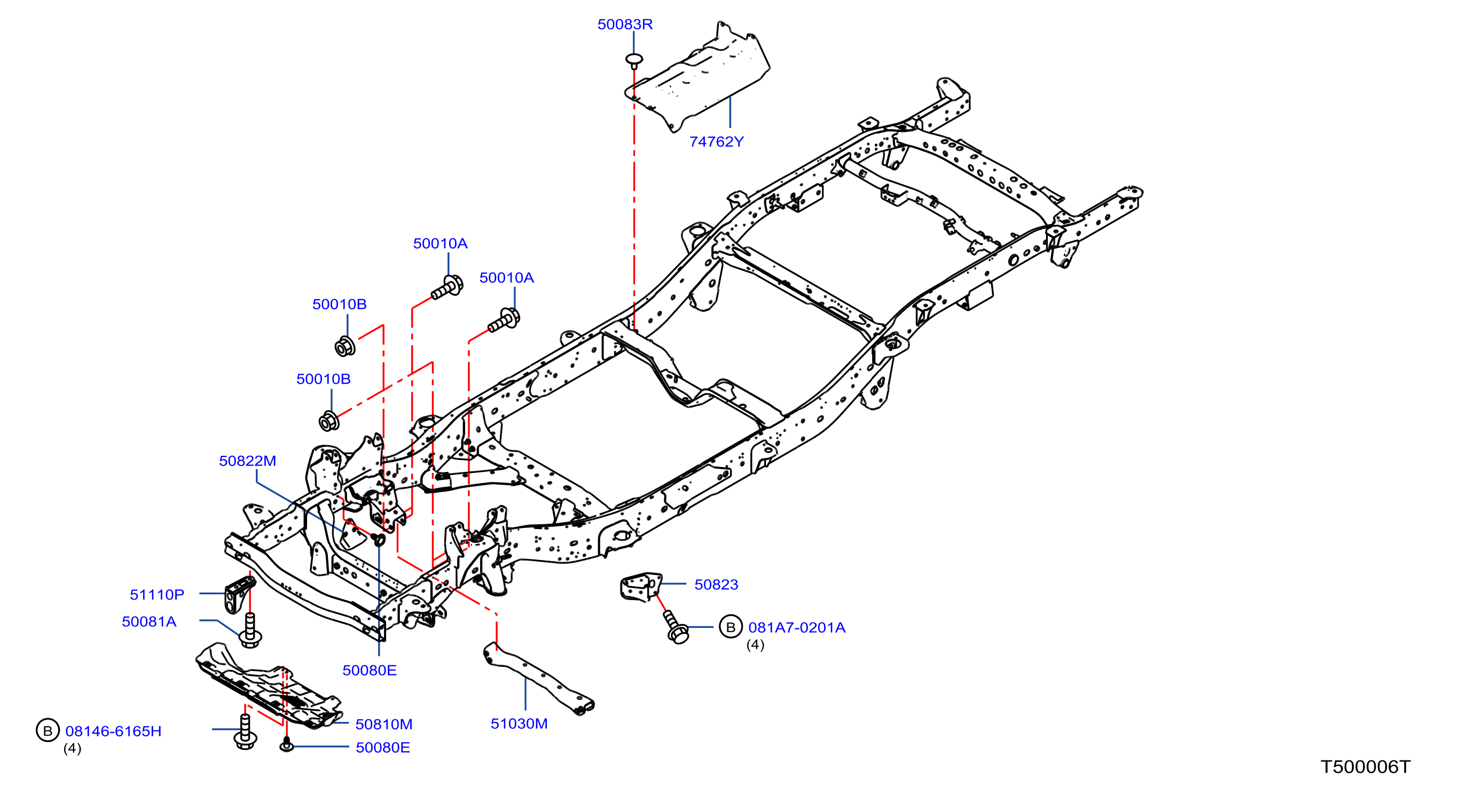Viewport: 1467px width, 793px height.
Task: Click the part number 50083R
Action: (625, 25)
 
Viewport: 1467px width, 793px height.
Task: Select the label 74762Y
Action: (717, 142)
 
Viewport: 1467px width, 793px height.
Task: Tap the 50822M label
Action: (247, 461)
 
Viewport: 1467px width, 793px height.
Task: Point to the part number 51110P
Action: (156, 595)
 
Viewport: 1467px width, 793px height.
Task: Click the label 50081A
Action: (149, 621)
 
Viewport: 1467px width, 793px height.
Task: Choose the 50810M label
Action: (384, 724)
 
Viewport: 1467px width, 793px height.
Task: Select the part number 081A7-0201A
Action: (797, 627)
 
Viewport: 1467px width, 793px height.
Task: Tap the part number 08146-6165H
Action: (113, 731)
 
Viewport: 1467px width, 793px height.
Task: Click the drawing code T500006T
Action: (1365, 767)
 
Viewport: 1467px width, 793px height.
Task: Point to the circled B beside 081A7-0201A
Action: (731, 627)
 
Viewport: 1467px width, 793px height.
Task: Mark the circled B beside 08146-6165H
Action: (48, 730)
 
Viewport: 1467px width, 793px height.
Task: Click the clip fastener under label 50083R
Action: (634, 60)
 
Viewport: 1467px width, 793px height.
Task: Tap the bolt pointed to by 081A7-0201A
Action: (676, 627)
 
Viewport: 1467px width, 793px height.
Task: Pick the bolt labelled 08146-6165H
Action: (246, 732)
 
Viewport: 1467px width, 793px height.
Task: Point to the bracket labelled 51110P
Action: (239, 595)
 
